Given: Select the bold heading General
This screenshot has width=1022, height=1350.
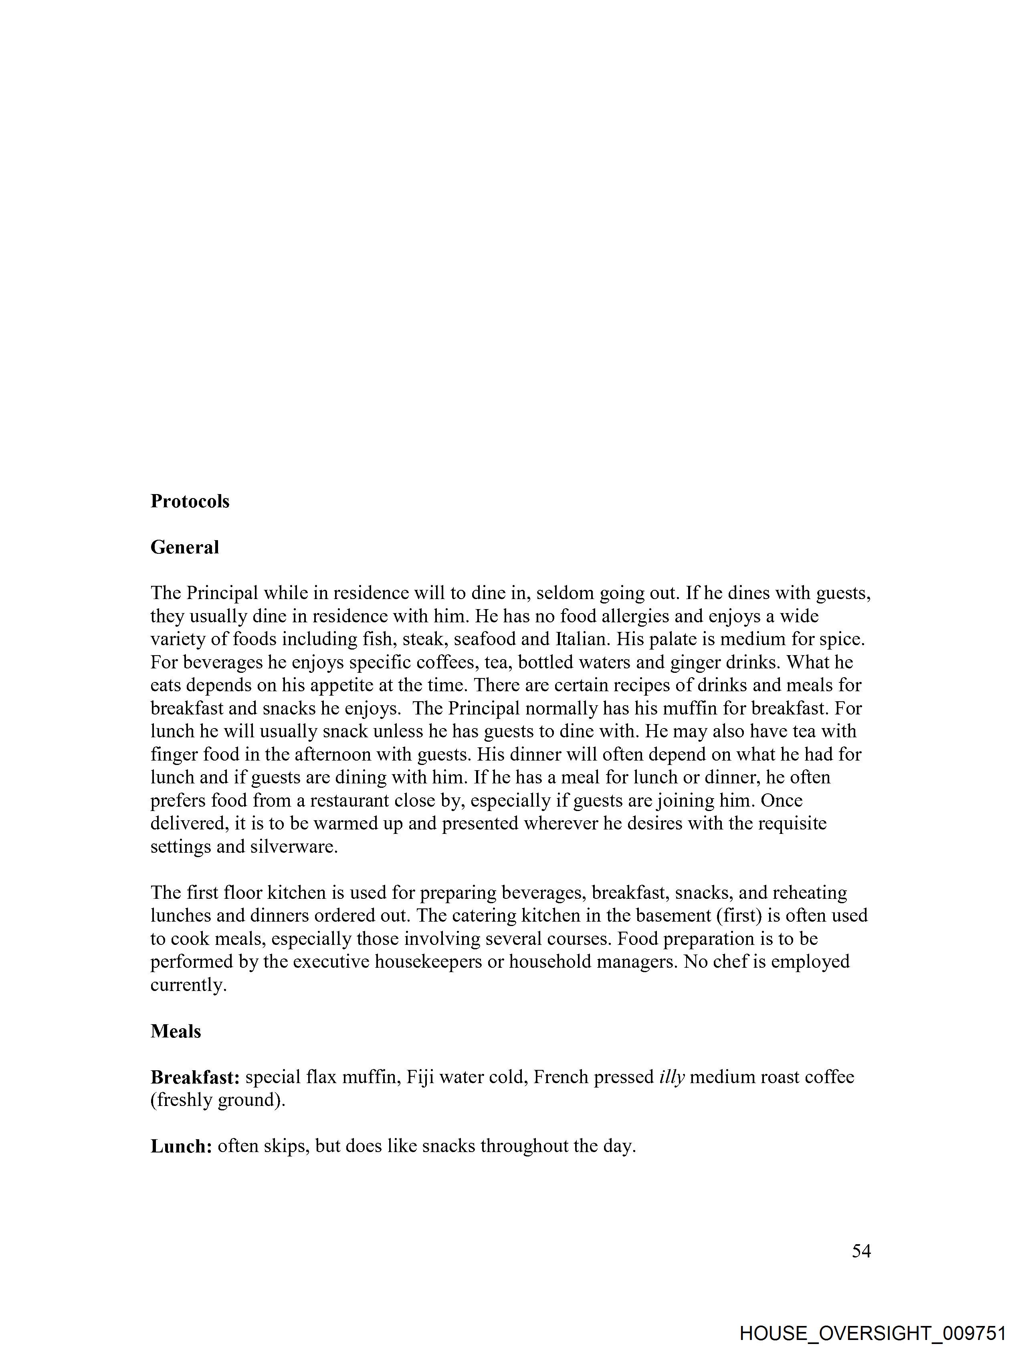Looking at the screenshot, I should tap(184, 547).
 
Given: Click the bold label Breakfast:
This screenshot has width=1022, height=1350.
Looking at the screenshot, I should tap(195, 1077).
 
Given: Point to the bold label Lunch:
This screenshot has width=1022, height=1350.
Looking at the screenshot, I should tap(181, 1146).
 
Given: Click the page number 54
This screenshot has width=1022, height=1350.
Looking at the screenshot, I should tap(861, 1251).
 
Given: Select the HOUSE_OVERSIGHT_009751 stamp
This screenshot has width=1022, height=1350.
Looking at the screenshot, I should tap(873, 1333).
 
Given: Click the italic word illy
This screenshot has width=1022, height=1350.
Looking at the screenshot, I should tap(672, 1077).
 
